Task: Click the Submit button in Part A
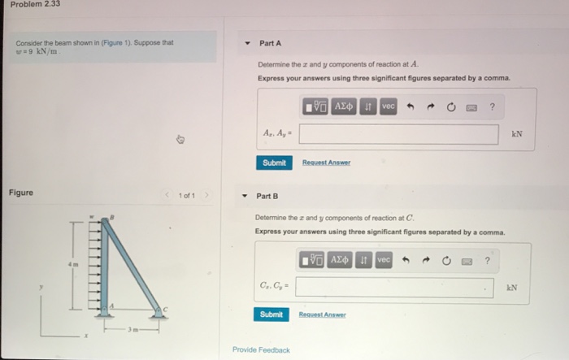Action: (x=274, y=163)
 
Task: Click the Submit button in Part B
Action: (x=271, y=314)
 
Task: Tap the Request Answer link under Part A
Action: (x=325, y=163)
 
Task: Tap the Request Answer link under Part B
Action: (x=322, y=314)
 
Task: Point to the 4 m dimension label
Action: (x=71, y=264)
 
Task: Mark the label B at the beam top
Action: (x=112, y=217)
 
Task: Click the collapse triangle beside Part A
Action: (x=246, y=43)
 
